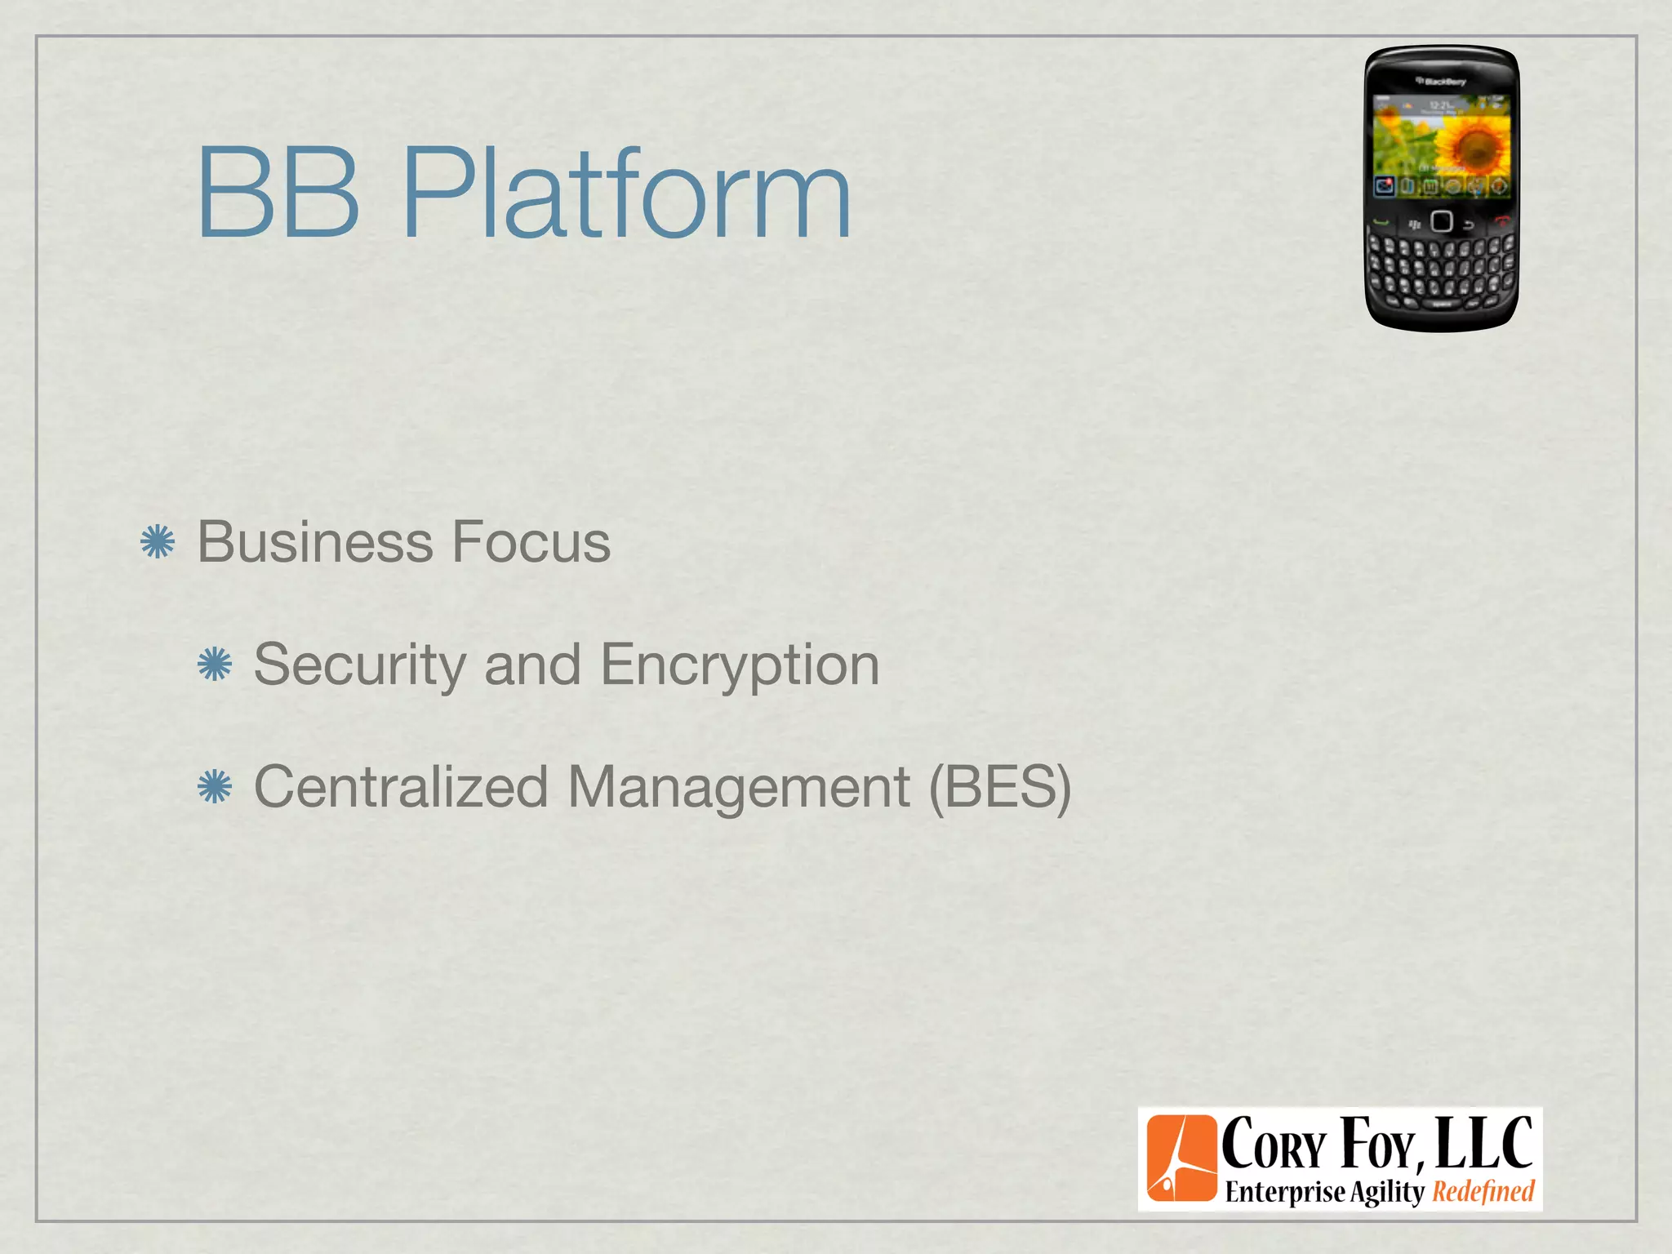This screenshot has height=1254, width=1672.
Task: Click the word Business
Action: [314, 542]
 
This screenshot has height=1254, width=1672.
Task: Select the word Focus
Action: [531, 542]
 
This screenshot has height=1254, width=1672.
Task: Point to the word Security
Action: [359, 665]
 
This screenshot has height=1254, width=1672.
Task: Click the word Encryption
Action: [740, 665]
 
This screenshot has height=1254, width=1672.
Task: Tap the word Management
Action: [738, 787]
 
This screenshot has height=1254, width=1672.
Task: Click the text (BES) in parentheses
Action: [1000, 787]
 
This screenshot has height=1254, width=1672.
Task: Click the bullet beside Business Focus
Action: [158, 542]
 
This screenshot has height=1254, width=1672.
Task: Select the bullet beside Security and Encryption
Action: [215, 665]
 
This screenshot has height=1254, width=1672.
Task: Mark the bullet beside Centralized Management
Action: [215, 787]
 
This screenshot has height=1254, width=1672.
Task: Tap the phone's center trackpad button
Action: [1442, 222]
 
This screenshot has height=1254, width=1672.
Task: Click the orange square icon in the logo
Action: [1181, 1158]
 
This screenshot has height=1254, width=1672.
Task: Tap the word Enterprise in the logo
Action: [1284, 1192]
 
